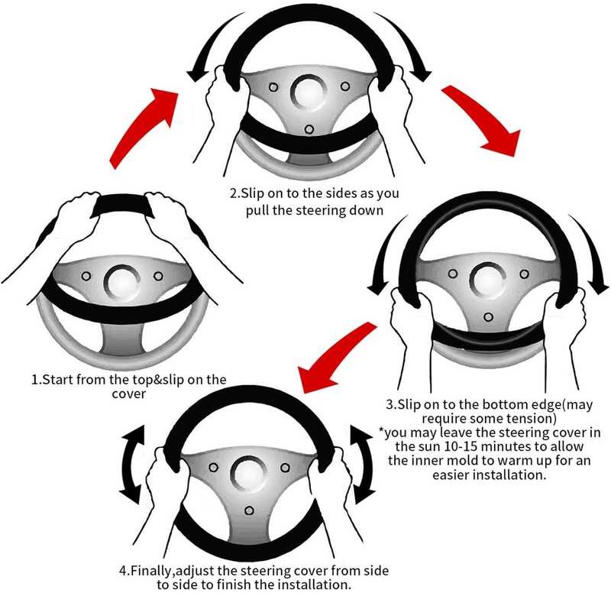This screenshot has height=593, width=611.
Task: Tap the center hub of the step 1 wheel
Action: (122, 281)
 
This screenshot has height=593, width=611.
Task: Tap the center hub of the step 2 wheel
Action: (309, 92)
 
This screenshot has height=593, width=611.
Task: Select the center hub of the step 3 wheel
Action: (488, 280)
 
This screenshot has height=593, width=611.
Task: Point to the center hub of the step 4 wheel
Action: (248, 473)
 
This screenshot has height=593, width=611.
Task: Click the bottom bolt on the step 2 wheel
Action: (309, 129)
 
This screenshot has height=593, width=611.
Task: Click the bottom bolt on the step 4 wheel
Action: (249, 510)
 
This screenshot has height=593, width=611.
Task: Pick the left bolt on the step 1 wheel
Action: (86, 276)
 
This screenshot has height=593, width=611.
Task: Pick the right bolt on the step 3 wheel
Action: (525, 274)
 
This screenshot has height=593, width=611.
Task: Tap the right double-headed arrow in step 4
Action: (363, 465)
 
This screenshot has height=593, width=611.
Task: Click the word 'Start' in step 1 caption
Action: (58, 379)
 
